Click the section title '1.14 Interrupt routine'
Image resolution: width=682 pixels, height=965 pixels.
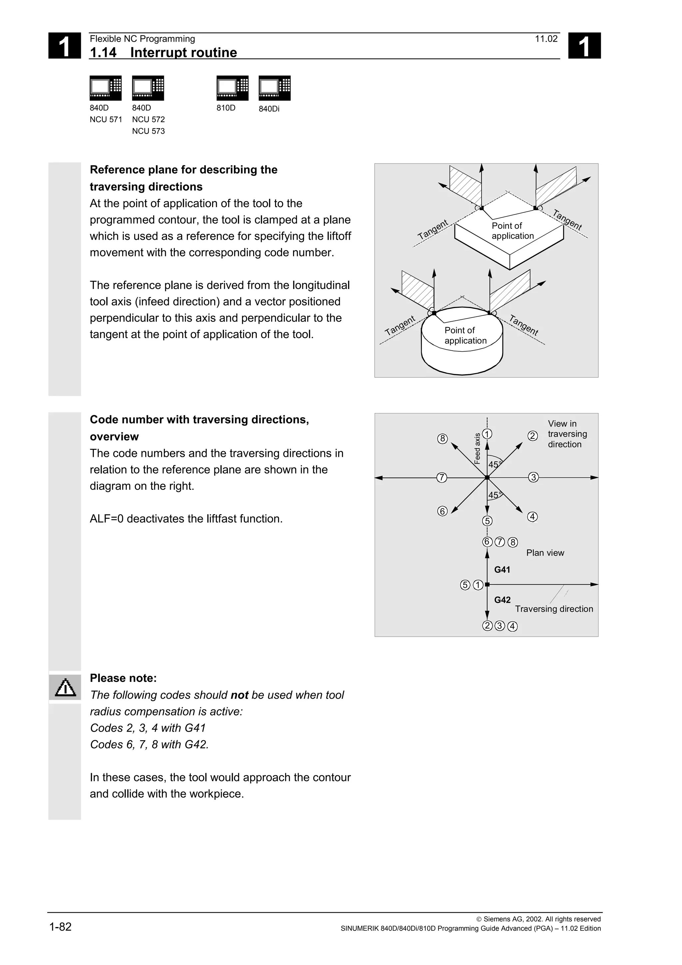click(163, 52)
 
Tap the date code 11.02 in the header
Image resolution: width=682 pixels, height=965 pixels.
click(546, 39)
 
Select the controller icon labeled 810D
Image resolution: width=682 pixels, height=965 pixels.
click(232, 88)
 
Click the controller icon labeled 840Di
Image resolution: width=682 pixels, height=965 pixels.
click(274, 88)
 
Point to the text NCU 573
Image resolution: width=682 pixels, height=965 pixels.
click(148, 131)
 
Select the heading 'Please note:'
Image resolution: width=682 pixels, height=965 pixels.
click(123, 678)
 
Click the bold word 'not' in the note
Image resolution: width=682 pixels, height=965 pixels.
click(239, 695)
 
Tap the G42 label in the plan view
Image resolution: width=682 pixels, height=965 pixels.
click(502, 600)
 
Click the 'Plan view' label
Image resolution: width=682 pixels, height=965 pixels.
click(545, 553)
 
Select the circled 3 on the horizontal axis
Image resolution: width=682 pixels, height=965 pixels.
click(533, 478)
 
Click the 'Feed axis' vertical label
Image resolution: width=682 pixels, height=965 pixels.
click(477, 449)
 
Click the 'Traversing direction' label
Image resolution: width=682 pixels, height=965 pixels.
click(554, 609)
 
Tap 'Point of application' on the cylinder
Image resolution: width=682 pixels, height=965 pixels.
click(465, 335)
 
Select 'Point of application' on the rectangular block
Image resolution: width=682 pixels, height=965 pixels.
click(512, 231)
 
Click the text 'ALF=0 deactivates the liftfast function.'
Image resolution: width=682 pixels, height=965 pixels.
click(186, 519)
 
